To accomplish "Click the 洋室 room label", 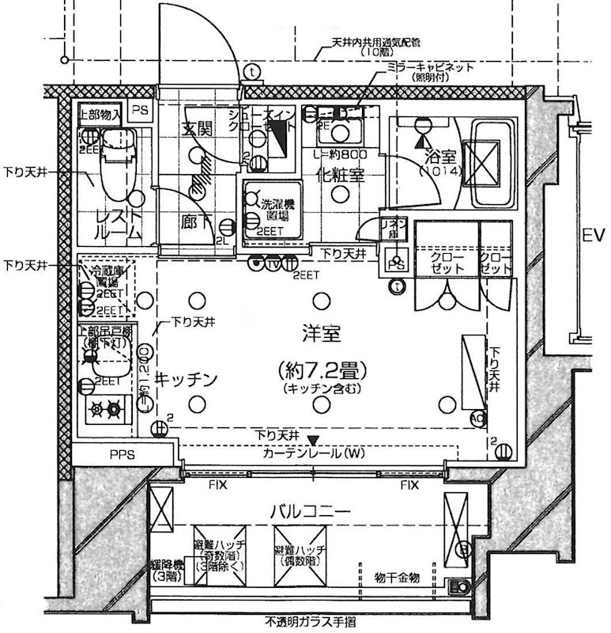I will pyautogui.click(x=320, y=334).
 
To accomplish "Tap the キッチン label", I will pyautogui.click(x=185, y=380).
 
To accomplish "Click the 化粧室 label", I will pyautogui.click(x=340, y=176).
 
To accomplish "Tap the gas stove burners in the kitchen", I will pyautogui.click(x=107, y=409).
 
